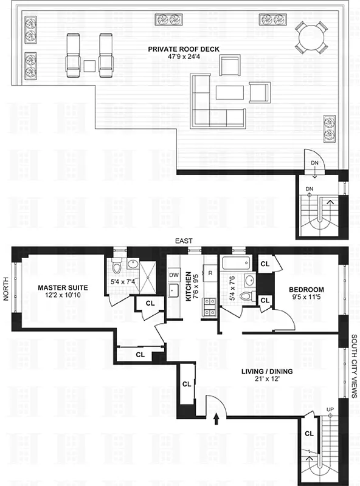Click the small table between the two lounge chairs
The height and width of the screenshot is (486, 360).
click(x=89, y=66)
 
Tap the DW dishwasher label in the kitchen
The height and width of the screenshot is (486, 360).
click(x=174, y=275)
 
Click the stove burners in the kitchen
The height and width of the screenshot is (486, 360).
click(x=210, y=307)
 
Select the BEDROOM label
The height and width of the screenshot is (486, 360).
click(x=306, y=290)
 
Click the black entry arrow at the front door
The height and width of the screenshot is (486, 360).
click(x=217, y=419)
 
